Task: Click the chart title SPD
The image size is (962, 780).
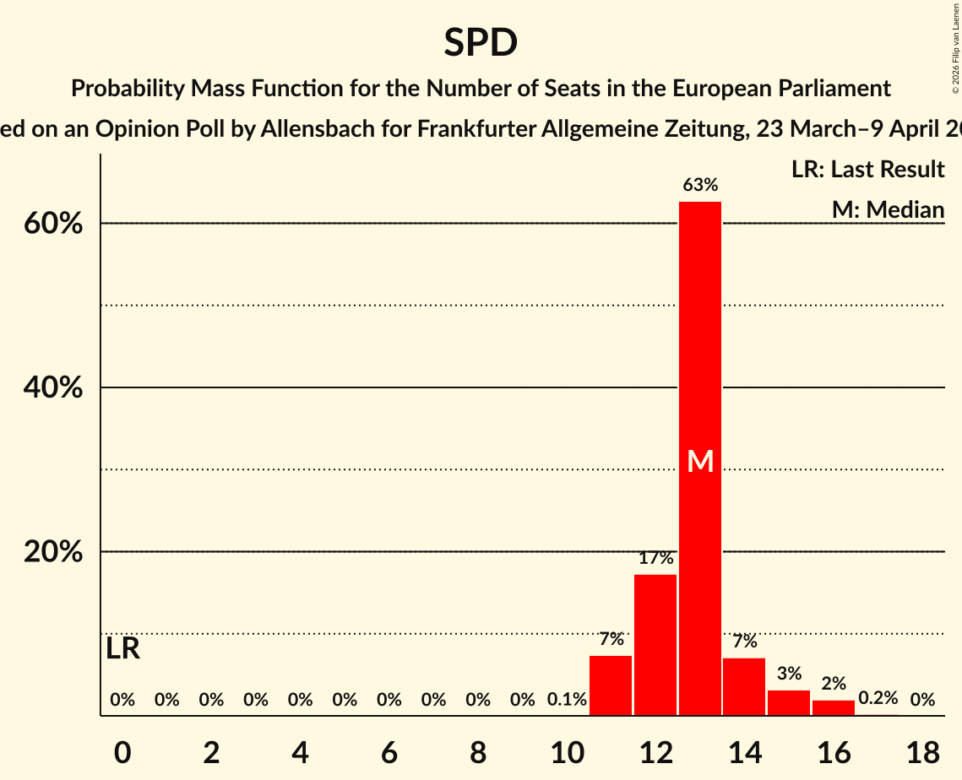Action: pos(481,42)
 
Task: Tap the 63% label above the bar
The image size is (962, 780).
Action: pos(700,185)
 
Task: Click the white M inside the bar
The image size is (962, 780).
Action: pos(700,461)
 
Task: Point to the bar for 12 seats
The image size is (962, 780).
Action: pos(655,645)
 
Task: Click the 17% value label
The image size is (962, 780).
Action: pos(655,558)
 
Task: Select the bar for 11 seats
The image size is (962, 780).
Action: pos(611,685)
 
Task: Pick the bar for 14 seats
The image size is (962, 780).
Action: pos(744,686)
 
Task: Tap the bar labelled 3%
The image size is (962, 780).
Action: pos(789,702)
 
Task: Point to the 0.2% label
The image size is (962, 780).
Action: pos(878,698)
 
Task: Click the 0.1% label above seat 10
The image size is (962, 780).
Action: pos(567,700)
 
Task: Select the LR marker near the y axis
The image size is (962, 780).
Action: pos(123,649)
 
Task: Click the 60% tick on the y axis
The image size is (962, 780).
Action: pos(58,225)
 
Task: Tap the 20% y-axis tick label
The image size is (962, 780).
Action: pos(58,553)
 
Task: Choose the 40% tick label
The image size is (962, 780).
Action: pos(58,388)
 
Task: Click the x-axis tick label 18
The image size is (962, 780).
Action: pos(921,753)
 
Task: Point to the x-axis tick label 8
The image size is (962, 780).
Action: pos(477,753)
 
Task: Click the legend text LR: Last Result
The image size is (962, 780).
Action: pos(867,170)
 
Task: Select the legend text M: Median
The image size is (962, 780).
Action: pos(888,209)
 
